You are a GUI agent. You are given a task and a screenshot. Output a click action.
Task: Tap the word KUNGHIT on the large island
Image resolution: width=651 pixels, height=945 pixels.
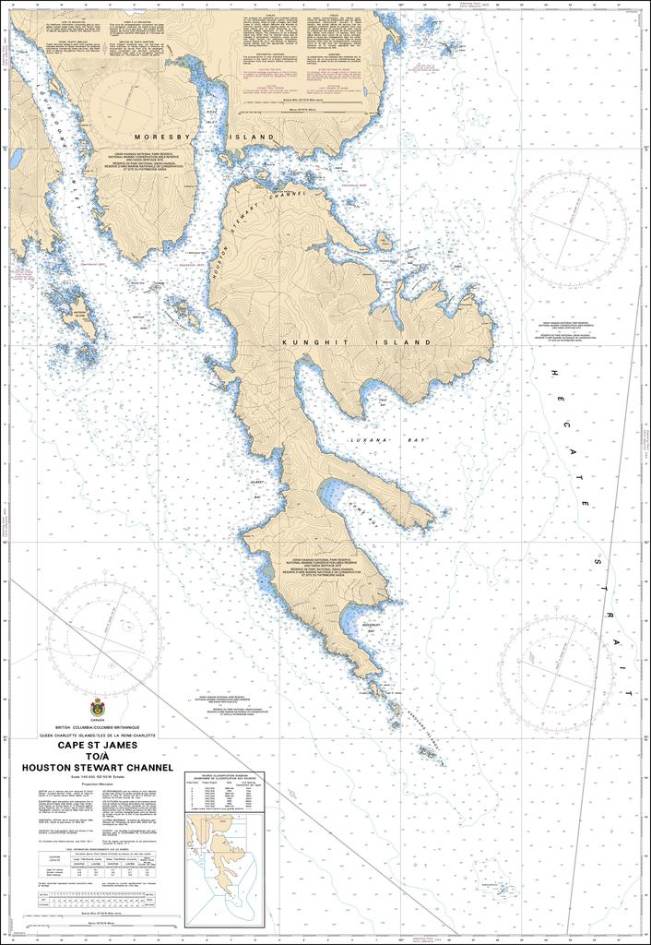[319, 341]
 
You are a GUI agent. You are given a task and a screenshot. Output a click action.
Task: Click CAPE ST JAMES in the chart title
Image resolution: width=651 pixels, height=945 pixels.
[98, 745]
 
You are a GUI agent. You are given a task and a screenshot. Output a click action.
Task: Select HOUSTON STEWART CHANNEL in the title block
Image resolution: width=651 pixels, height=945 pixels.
[98, 767]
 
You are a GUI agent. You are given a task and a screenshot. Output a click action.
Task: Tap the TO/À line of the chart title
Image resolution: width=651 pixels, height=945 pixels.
[98, 756]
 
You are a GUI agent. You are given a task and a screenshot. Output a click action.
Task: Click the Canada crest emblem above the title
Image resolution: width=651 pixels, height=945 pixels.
[98, 709]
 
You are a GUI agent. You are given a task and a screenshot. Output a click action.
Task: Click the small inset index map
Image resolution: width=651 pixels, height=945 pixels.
[224, 855]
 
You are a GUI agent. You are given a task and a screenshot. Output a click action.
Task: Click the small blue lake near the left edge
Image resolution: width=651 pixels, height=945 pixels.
[17, 159]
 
